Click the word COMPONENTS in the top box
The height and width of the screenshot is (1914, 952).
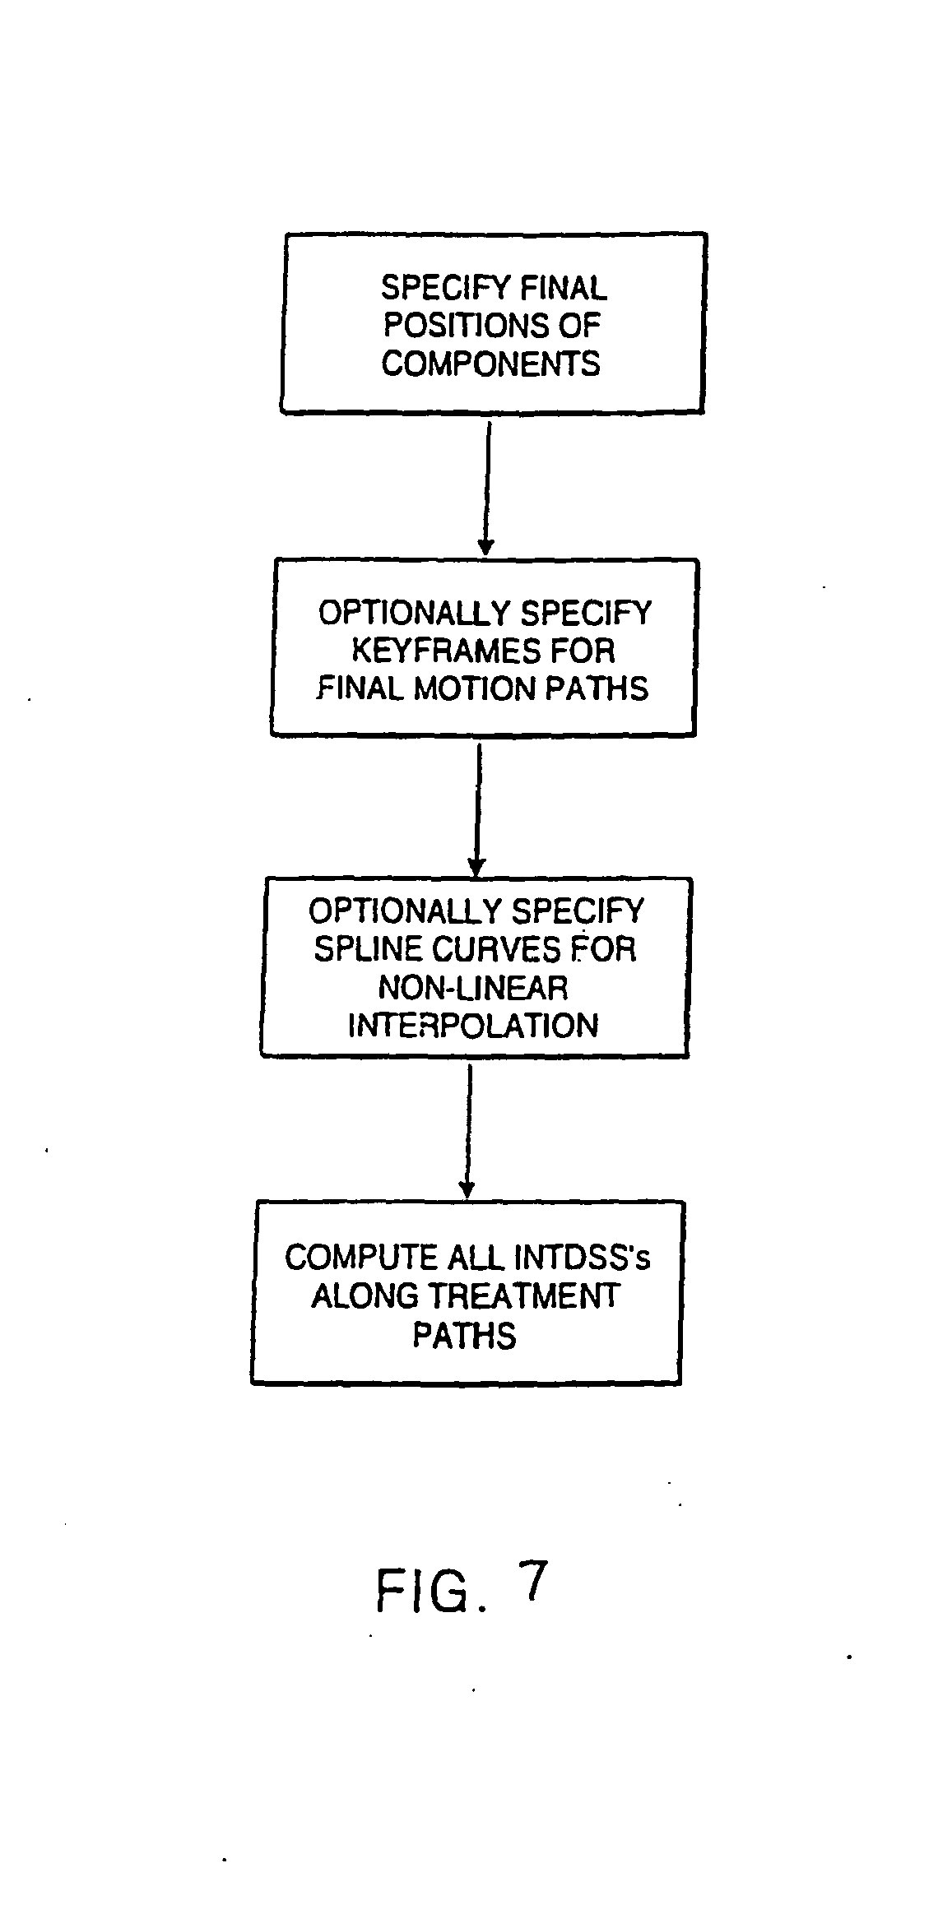point(490,364)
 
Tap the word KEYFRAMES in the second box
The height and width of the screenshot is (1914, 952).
point(439,651)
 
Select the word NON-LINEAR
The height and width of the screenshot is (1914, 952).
point(472,987)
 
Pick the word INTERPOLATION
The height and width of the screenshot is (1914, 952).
point(472,1026)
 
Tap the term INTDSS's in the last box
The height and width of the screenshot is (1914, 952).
point(582,1258)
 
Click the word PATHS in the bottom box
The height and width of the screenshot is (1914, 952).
point(464,1335)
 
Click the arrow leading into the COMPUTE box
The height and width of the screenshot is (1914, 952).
point(467,1130)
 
